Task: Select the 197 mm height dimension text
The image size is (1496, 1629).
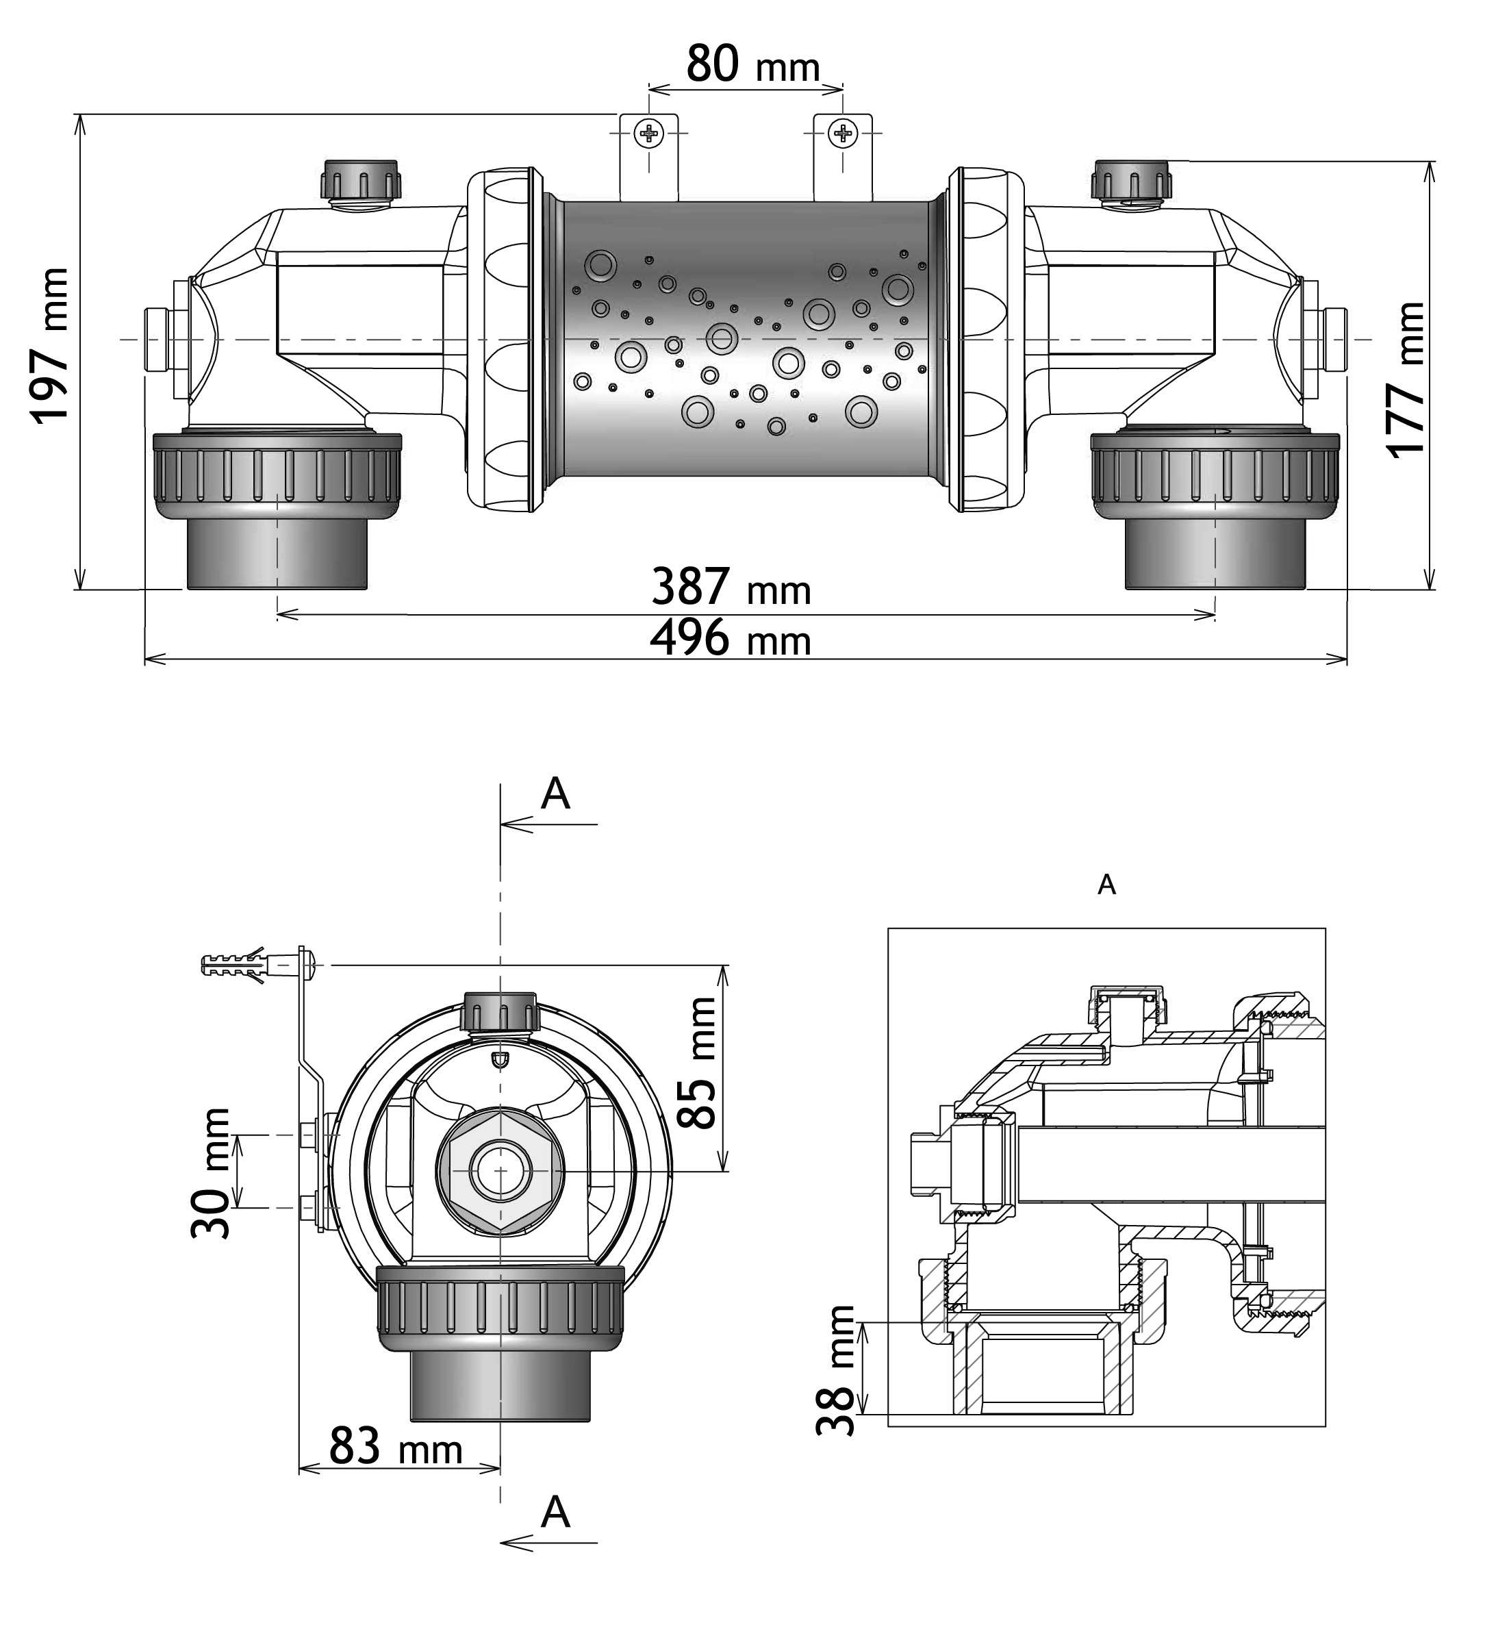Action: tap(51, 345)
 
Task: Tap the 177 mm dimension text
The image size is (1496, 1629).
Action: tap(1406, 380)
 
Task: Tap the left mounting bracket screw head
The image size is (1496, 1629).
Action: tap(648, 134)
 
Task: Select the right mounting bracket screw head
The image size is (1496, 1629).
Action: tap(844, 134)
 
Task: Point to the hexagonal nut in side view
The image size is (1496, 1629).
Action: tap(500, 1172)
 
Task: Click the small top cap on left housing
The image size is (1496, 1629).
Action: tap(361, 179)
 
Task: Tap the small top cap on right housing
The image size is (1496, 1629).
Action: tap(1131, 179)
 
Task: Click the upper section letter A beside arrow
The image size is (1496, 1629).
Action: tap(555, 794)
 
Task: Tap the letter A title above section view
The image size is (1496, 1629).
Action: tap(1106, 885)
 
